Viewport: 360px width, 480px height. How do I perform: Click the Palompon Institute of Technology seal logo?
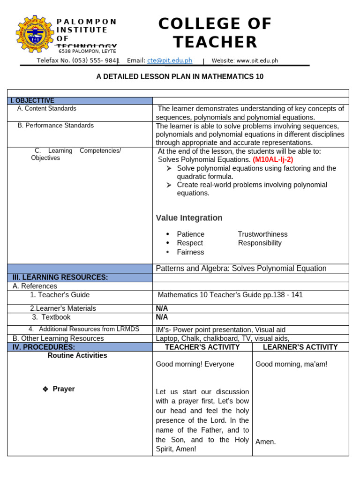pos(35,34)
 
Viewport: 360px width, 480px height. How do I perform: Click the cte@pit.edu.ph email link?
pos(170,60)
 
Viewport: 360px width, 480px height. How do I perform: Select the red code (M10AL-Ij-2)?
pos(273,159)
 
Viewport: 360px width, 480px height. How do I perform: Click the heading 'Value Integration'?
pos(189,217)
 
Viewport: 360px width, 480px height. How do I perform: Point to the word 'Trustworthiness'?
pos(262,234)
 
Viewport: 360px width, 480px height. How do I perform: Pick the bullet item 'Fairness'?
pos(190,252)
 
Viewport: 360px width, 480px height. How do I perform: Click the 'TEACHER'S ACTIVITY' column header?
pos(202,347)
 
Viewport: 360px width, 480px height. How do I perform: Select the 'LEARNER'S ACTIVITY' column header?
pos(300,347)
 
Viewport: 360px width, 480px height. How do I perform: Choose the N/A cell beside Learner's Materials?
pos(162,308)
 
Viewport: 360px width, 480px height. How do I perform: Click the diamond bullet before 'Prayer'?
pos(45,389)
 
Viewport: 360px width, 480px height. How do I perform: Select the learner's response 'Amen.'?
pos(265,442)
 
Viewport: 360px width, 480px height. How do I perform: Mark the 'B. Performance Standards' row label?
pos(56,125)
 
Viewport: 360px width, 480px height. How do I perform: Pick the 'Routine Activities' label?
pos(77,355)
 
